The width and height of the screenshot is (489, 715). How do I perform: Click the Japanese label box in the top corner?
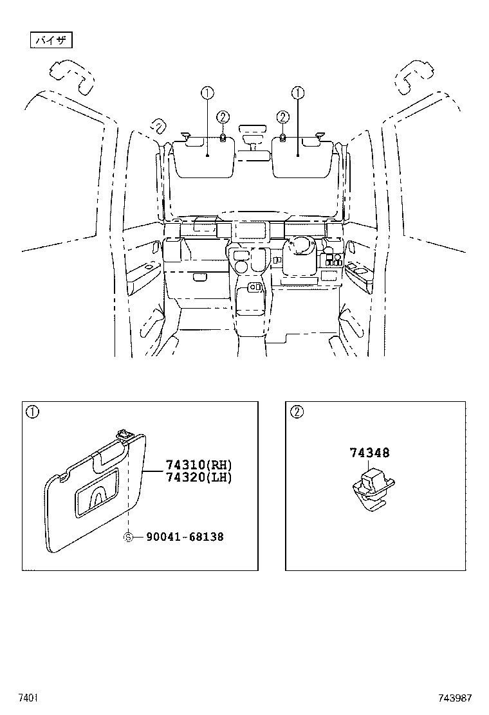52,41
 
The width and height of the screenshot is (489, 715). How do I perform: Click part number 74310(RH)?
198,465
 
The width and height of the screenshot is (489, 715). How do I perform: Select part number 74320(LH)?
198,477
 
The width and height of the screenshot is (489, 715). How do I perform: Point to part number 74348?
369,453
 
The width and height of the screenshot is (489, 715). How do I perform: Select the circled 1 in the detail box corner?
32,412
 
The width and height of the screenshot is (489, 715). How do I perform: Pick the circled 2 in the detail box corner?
296,412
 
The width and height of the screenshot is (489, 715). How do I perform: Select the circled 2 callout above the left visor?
222,116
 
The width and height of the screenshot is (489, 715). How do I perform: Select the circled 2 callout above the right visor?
282,116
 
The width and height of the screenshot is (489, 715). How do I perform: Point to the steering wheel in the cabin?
300,248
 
